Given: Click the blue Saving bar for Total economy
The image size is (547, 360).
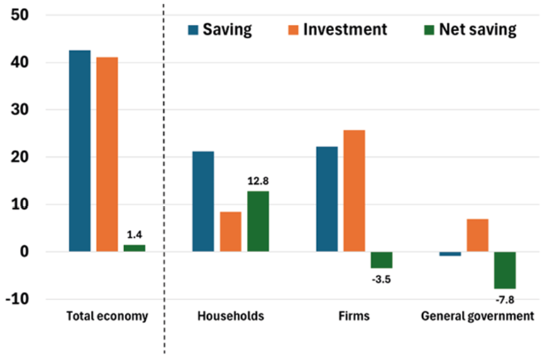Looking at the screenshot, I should click(79, 151).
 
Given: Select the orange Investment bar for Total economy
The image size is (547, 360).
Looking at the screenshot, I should click(107, 154).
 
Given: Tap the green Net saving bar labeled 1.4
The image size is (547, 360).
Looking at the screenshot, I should click(135, 248).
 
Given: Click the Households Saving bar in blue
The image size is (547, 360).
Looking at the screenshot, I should click(203, 202).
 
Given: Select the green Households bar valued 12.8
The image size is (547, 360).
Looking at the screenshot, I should click(258, 222).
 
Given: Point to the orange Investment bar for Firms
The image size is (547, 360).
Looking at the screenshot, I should click(353, 191).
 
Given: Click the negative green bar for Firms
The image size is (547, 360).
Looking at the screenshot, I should click(381, 260).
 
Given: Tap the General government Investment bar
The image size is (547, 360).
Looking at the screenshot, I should click(477, 235).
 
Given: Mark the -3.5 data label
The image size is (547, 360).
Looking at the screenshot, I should click(381, 278).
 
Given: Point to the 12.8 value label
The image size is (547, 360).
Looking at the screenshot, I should click(258, 182).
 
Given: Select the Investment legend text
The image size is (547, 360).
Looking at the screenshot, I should click(345, 29).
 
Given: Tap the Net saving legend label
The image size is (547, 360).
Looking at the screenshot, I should click(477, 29).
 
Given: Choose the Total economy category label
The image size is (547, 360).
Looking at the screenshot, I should click(107, 317).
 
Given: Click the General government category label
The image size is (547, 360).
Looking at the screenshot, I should click(477, 317).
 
